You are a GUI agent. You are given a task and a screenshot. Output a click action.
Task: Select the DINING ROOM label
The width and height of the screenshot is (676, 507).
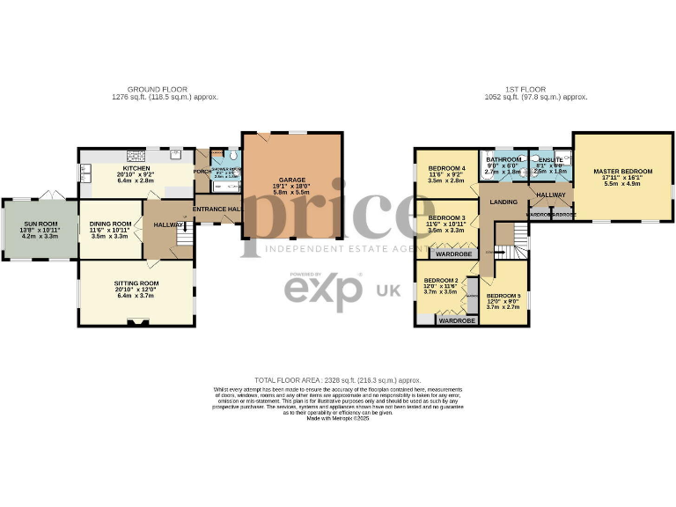[x=110, y=224]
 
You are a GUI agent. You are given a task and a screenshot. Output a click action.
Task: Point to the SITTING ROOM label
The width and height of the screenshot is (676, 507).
[x=135, y=286]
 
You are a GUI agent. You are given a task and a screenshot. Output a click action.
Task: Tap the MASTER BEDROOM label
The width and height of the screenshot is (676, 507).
[x=622, y=172]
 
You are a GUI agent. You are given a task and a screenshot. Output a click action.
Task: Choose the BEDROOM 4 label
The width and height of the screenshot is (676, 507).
[x=446, y=168]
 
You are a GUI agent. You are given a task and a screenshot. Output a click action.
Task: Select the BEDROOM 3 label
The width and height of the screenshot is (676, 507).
[x=446, y=217]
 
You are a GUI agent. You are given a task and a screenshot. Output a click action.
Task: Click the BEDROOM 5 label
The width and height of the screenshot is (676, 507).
[x=504, y=297]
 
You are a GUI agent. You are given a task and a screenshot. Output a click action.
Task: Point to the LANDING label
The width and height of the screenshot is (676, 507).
[x=504, y=202]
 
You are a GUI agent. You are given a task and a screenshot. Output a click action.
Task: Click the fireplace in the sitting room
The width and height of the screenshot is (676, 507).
[x=135, y=323]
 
